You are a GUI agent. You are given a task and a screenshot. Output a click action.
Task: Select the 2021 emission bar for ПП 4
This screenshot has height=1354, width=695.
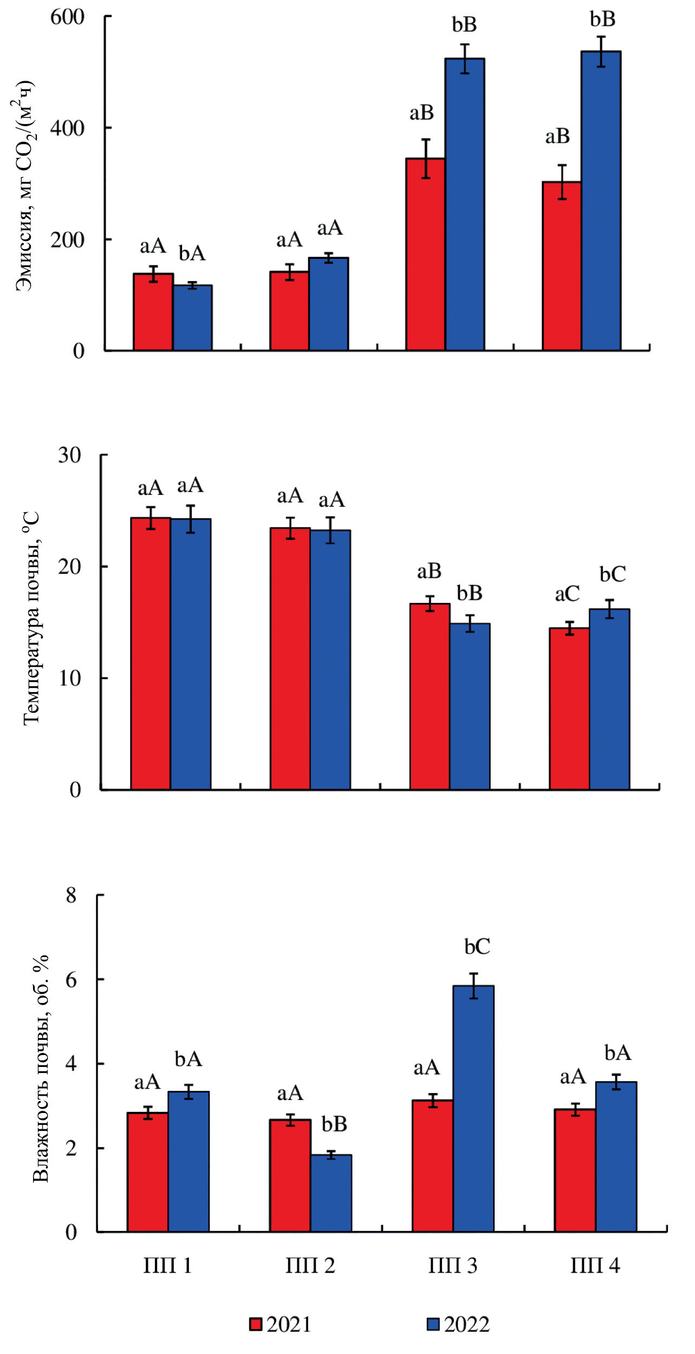(562, 266)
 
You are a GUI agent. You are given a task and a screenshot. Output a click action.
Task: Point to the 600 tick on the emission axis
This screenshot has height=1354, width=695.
(67, 17)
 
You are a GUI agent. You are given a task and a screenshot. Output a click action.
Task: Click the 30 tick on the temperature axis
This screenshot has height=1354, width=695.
(70, 455)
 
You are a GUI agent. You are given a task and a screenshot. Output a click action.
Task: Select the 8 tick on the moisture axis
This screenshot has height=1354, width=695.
(72, 895)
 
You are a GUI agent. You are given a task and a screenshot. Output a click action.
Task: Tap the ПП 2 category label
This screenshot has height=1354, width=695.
(310, 1266)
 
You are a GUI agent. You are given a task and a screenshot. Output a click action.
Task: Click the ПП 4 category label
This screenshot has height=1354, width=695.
(595, 1266)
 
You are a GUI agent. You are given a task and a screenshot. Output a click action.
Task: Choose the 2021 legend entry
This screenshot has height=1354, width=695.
(281, 1324)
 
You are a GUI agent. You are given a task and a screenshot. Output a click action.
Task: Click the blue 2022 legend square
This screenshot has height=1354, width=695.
(433, 1324)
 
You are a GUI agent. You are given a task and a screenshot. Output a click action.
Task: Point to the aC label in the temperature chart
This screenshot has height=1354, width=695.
(567, 594)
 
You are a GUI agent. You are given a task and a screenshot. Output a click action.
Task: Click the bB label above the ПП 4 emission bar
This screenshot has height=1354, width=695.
(602, 19)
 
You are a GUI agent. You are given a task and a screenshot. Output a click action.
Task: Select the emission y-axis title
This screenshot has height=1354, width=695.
(23, 186)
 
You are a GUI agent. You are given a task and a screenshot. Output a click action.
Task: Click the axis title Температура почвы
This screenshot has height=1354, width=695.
(31, 617)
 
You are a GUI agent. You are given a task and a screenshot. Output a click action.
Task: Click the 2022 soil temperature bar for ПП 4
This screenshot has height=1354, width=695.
(609, 699)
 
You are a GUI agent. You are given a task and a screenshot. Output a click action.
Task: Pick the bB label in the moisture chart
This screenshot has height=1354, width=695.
(334, 1124)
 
